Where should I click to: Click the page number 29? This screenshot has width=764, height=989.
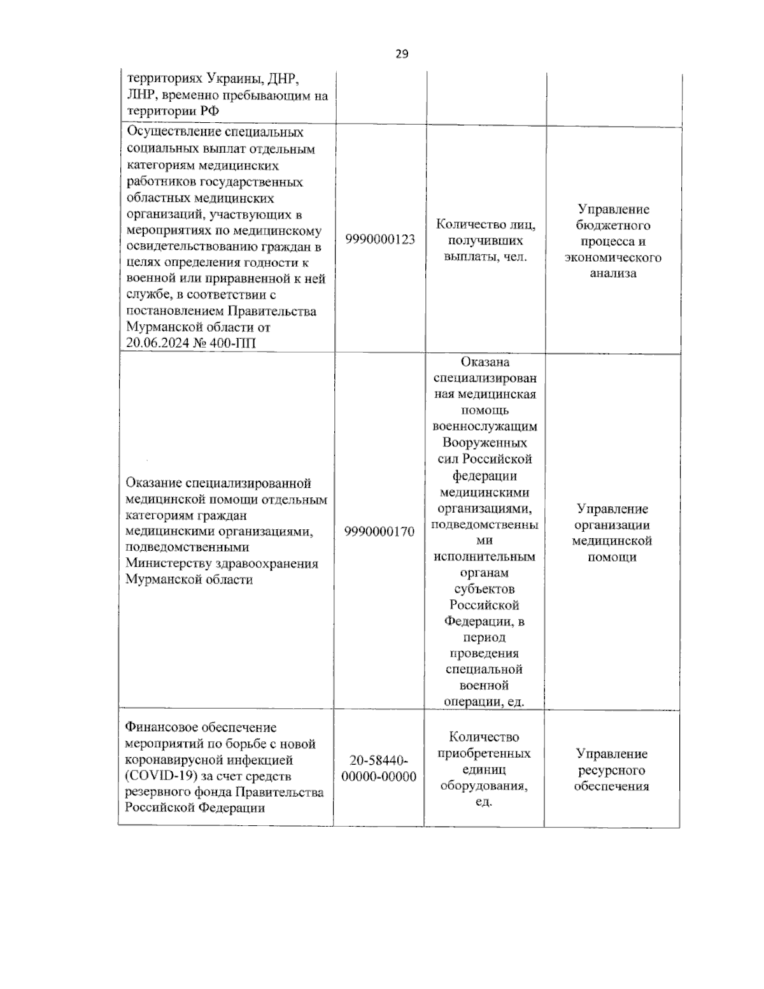(402, 54)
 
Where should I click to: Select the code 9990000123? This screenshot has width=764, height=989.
(380, 239)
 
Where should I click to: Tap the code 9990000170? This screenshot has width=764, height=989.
(379, 531)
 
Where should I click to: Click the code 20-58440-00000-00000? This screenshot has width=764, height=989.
(379, 769)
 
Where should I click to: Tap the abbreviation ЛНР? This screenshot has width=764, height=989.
(142, 96)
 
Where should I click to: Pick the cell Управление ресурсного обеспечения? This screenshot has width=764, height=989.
(611, 770)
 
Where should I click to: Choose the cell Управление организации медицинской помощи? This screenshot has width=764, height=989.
(611, 533)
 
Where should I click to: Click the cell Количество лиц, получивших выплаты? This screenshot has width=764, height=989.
(485, 241)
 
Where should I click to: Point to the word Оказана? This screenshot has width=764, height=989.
(485, 362)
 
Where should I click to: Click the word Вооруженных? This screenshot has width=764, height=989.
(485, 443)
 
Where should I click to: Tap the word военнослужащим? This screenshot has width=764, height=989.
(485, 426)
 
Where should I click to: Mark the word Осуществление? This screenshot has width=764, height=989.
(174, 132)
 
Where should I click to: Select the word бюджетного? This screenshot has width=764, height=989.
(612, 225)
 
